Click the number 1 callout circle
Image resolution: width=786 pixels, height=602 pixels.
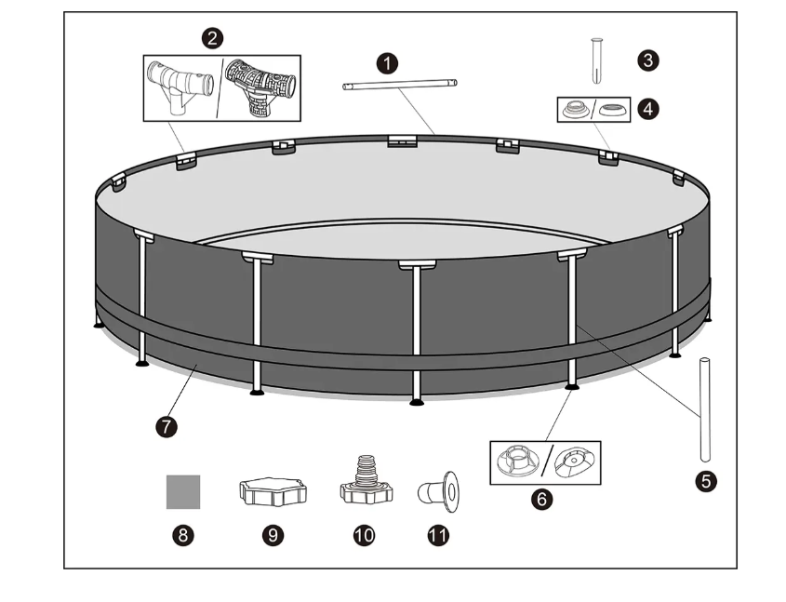click(387, 63)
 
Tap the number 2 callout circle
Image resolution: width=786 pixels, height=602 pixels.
click(212, 38)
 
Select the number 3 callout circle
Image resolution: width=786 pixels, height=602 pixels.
click(648, 60)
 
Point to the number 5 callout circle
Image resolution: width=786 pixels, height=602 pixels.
click(706, 481)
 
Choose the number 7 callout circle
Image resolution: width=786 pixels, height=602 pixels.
click(167, 427)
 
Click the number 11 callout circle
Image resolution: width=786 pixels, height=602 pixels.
click(438, 535)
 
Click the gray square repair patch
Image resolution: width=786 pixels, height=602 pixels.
click(183, 491)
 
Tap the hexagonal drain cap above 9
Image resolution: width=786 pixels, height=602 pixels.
click(273, 491)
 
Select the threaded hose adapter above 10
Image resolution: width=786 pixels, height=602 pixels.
click(366, 482)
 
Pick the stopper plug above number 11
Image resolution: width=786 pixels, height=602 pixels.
click(439, 491)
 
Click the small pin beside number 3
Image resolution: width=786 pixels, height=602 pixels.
click(596, 60)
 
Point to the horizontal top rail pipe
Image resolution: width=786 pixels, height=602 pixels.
click(400, 85)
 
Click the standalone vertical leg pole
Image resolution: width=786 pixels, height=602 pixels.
click(705, 409)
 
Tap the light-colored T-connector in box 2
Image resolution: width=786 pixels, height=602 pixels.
click(180, 87)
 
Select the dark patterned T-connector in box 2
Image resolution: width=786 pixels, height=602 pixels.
click(260, 87)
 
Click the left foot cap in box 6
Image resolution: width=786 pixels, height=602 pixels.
click(518, 461)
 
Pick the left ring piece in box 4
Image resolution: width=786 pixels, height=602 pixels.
click(577, 110)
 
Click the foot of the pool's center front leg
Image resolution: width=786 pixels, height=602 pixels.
click(417, 402)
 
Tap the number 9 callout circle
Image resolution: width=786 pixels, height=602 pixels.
click(273, 535)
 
